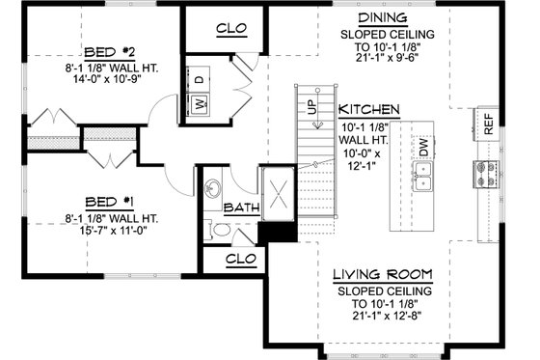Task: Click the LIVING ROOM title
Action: [x=383, y=273]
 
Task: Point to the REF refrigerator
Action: [x=489, y=123]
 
